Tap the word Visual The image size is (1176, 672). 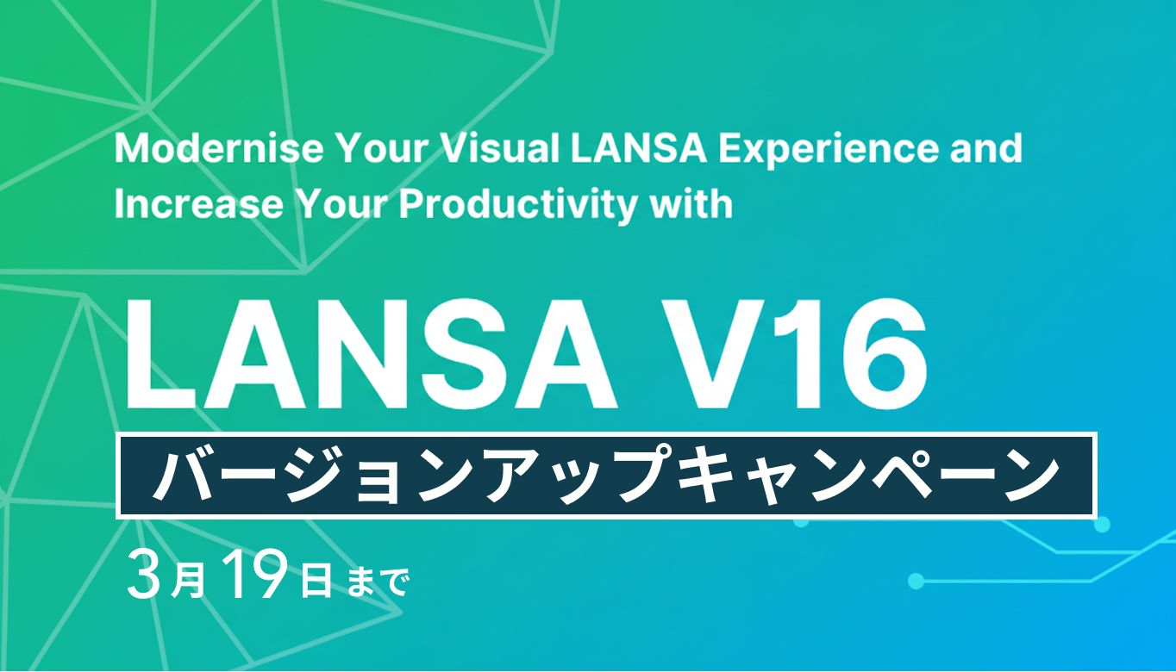pos(500,149)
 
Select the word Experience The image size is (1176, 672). pos(829,151)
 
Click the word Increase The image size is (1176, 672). pos(199,203)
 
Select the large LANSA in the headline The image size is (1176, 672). pos(371,354)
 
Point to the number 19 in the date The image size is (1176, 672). pos(255,575)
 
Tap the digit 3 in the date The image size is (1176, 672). pos(143,575)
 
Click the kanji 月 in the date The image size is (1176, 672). pos(187,580)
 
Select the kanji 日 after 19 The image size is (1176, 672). pos(316,580)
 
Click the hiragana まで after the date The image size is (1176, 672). pos(378,582)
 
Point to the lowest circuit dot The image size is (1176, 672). pos(916,582)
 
